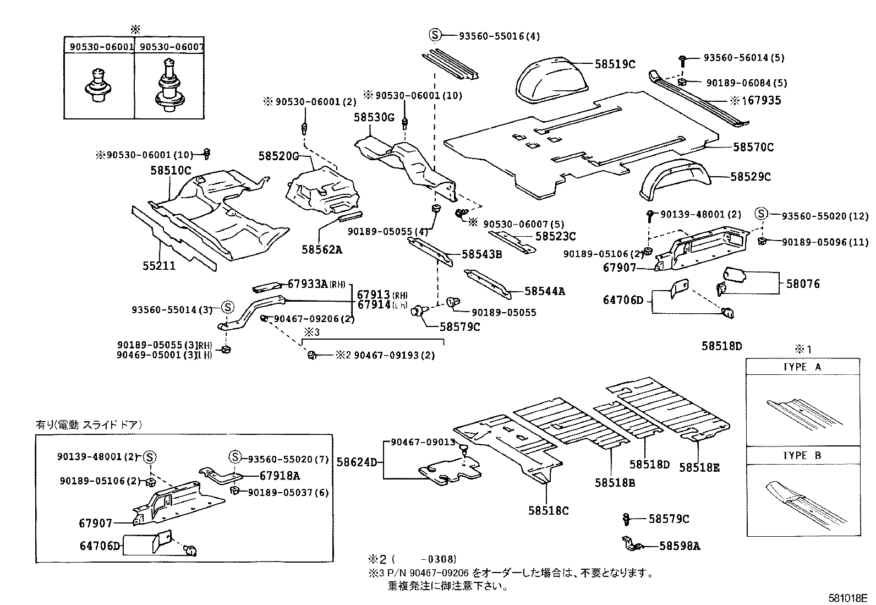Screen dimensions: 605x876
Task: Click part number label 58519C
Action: [615, 64]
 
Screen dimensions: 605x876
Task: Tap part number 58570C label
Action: [753, 147]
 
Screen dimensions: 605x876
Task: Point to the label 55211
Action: [159, 265]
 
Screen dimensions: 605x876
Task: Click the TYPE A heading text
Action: [802, 367]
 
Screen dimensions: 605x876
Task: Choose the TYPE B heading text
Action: [802, 456]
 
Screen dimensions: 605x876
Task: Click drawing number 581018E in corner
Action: [848, 598]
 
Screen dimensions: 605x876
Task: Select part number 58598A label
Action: [680, 546]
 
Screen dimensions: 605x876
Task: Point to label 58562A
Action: [321, 249]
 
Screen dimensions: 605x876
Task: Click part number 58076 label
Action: [802, 284]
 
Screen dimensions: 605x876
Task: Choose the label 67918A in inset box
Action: [280, 475]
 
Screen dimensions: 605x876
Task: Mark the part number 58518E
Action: [699, 467]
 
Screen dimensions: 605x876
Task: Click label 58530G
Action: [374, 117]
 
